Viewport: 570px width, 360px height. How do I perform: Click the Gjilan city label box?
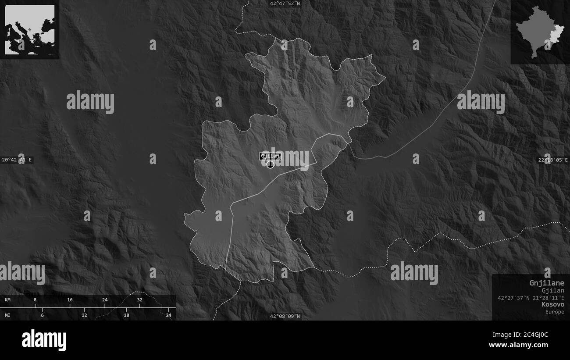point(269,156)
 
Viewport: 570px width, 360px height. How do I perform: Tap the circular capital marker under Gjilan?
point(270,164)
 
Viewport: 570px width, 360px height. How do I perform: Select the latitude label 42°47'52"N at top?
point(285,4)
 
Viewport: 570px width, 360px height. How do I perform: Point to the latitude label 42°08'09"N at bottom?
point(285,316)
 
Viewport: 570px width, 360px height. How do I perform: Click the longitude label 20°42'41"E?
point(17,160)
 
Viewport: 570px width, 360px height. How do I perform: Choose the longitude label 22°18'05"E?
point(553,160)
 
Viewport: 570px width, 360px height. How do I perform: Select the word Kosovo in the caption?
point(552,304)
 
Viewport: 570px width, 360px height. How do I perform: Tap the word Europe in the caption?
point(555,312)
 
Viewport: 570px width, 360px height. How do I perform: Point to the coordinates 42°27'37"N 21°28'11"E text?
point(531,298)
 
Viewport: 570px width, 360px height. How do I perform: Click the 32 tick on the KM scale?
point(139,300)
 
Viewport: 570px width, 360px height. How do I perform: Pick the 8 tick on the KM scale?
point(35,300)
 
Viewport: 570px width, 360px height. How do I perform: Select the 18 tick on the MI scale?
point(126,315)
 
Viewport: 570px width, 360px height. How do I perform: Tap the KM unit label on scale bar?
point(8,300)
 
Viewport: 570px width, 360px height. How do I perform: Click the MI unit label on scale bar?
point(8,315)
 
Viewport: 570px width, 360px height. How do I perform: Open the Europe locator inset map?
point(30,30)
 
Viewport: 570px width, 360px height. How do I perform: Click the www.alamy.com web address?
point(518,345)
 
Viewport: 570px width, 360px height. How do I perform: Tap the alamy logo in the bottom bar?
point(44,340)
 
